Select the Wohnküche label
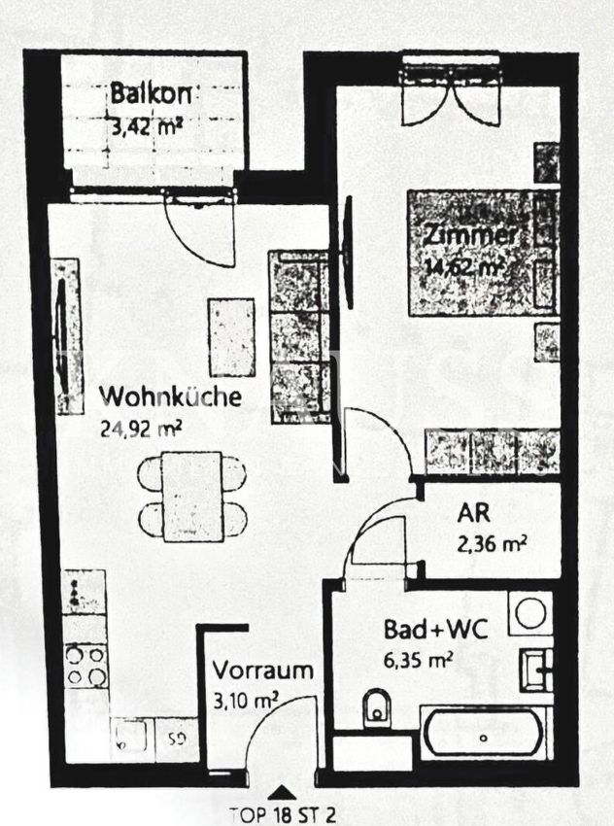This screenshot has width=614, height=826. pyautogui.click(x=170, y=397)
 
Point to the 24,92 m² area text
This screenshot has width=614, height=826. pyautogui.click(x=142, y=427)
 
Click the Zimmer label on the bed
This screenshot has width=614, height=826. pyautogui.click(x=469, y=236)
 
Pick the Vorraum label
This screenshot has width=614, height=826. pyautogui.click(x=263, y=671)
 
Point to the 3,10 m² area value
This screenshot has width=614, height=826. pyautogui.click(x=247, y=699)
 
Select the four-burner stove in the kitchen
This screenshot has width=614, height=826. pyautogui.click(x=85, y=666)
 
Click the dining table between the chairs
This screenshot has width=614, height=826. pyautogui.click(x=192, y=496)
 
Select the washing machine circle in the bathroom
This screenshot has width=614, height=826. pyautogui.click(x=531, y=613)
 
